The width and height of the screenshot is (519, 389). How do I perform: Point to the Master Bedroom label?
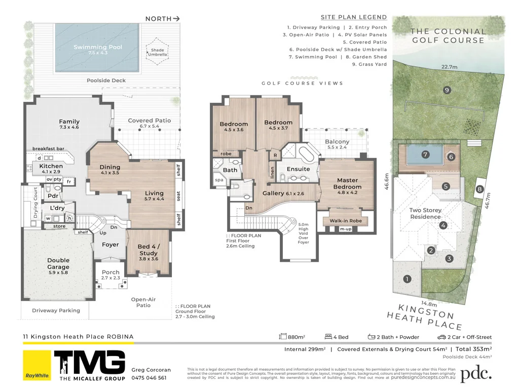tap(347, 183)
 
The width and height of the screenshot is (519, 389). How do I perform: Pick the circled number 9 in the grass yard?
tap(447, 90)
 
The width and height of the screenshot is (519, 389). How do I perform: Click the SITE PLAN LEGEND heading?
tap(354, 17)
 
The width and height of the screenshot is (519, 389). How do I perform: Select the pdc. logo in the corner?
tap(476, 373)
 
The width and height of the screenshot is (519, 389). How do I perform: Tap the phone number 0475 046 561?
tap(149, 378)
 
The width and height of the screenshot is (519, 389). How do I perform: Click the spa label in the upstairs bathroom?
tap(219, 180)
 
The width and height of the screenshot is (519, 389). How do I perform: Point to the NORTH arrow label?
tap(162, 19)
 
